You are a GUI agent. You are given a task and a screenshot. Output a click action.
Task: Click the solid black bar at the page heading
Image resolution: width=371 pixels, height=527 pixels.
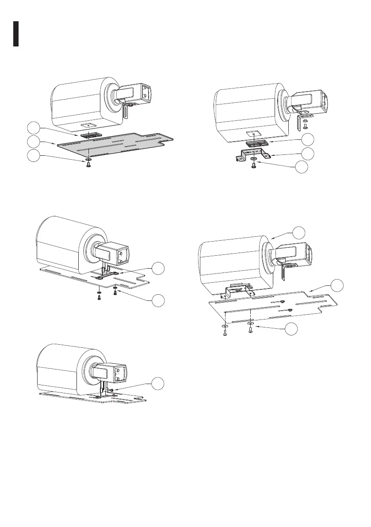click(x=15, y=33)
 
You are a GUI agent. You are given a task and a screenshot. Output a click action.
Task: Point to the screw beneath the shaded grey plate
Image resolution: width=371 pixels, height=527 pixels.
click(x=88, y=164)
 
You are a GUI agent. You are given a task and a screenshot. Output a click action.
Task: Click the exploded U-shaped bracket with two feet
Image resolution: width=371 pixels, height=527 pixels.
click(x=252, y=154)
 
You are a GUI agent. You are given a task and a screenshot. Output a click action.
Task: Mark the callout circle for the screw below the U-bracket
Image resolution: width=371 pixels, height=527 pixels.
click(x=301, y=167)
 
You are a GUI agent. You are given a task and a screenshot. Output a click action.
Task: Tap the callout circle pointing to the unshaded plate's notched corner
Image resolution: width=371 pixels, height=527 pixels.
click(x=338, y=285)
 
